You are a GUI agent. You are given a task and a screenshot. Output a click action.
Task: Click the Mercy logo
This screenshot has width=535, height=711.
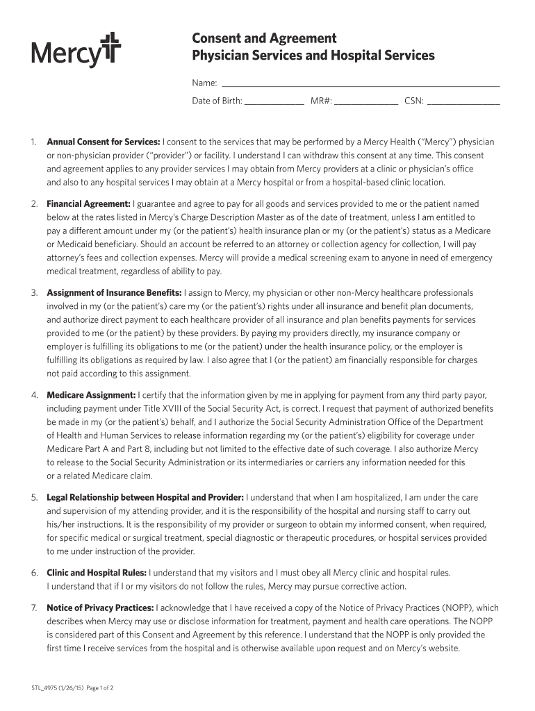pos(76,50)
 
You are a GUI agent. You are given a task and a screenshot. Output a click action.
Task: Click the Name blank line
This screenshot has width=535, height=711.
pos(361,83)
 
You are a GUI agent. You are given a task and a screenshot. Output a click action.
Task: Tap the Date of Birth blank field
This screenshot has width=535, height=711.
pos(274,101)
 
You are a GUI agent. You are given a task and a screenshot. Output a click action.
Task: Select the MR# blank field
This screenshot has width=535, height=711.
pos(366,101)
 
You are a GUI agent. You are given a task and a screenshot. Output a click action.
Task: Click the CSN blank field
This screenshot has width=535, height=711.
pos(463,101)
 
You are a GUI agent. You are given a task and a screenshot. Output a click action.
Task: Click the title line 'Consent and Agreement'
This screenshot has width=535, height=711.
pos(264,38)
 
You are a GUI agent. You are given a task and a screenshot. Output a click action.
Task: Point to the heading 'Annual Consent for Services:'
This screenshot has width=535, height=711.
pos(104,142)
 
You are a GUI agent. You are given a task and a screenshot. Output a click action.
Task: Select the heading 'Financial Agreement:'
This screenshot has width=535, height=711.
pos(88,204)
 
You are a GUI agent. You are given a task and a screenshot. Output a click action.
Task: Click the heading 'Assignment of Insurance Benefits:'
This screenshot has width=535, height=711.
pos(114,293)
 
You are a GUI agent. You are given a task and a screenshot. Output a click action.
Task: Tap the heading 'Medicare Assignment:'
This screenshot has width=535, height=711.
pos(91,395)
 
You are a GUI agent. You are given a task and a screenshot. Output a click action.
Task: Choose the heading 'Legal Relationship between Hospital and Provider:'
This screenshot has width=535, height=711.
pos(145,498)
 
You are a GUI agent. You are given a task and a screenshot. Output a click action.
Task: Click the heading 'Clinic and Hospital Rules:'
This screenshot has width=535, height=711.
pos(97,573)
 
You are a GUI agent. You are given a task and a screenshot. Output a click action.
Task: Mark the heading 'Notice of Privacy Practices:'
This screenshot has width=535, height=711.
pos(100,608)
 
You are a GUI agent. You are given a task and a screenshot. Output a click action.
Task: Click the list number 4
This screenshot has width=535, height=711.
pos(34,395)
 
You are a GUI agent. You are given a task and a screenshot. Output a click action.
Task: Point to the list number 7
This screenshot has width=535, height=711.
pos(34,608)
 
